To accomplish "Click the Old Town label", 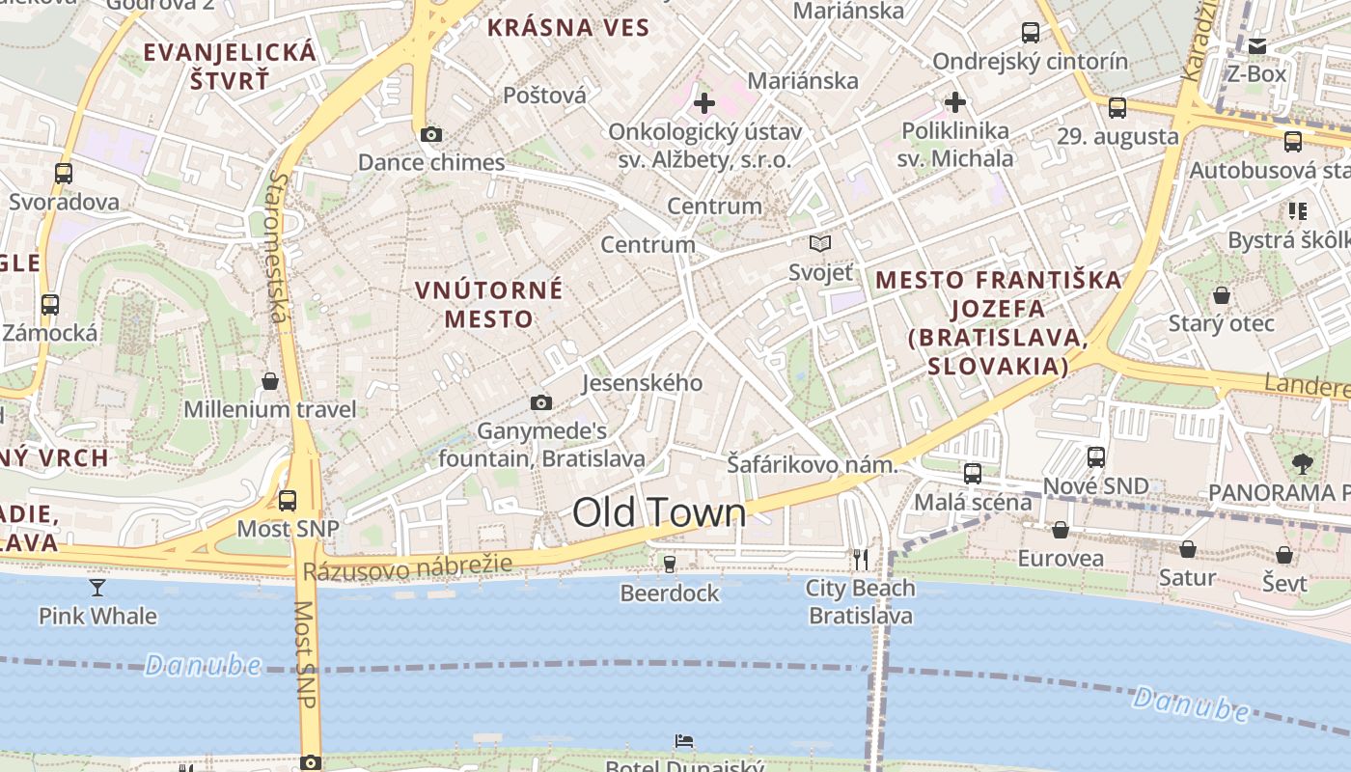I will coord(659,512).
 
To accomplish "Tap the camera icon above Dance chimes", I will coord(431,134).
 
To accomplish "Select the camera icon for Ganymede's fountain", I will coord(541,402).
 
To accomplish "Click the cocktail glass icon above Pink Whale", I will coord(97,587).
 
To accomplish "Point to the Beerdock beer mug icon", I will coord(669,564).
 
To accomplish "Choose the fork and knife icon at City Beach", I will coord(860,559).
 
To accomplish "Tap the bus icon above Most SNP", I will coord(288,501).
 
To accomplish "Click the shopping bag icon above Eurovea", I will coord(1060,530).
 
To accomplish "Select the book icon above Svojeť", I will coord(820,243).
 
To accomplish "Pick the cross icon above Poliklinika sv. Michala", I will coord(955,101).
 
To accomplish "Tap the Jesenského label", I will coord(642,383).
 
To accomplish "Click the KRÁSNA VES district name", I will coord(568,27).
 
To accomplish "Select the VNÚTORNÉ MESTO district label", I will coord(489,303).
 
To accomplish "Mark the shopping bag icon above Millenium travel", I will coord(270,381).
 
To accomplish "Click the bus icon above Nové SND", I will coord(1096,456).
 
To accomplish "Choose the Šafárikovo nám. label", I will coord(812,465).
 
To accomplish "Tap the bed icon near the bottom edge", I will coord(684,741).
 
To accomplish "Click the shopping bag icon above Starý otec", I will coord(1222,294).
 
